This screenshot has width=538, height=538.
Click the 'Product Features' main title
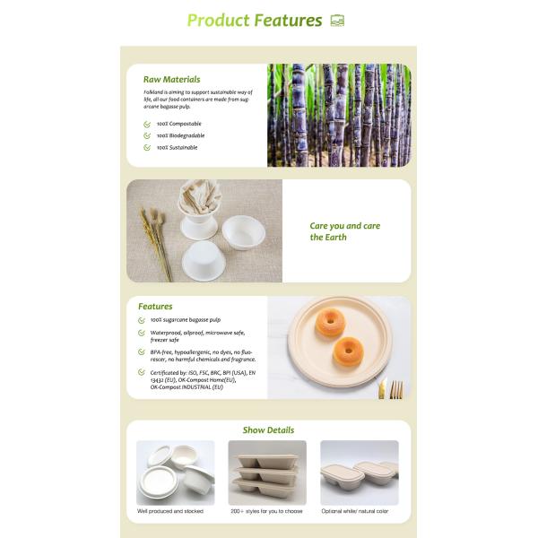pos(255,21)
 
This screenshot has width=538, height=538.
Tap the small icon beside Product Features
pos(337,21)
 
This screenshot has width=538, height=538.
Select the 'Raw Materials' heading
pos(171,79)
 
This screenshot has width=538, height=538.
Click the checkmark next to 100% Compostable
pos(147,124)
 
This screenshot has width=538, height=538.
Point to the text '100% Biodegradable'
pos(180,135)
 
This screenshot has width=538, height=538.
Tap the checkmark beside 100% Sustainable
pos(147,148)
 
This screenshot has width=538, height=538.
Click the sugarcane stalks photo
pos(339,116)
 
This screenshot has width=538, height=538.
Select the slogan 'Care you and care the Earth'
pos(345,231)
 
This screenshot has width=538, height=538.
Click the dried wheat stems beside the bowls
pos(156,243)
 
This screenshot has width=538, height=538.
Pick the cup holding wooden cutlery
pos(199,210)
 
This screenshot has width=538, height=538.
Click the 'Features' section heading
pos(155,307)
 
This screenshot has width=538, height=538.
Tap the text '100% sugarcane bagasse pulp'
pos(186,320)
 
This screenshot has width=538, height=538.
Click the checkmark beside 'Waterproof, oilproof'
pos(142,333)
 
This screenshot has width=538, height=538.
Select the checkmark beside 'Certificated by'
pos(142,372)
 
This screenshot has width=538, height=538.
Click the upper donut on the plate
pos(329,322)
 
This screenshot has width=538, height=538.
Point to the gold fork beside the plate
pos(397,389)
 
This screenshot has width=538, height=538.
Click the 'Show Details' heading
pos(268,430)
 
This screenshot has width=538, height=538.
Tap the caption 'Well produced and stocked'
pos(170,511)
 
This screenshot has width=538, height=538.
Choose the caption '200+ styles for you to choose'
pos(266,511)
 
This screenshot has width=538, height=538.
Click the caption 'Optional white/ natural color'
pos(355,511)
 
